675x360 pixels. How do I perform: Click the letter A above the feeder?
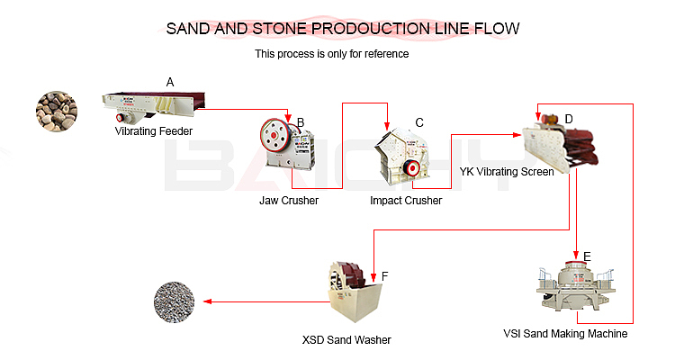tap(169, 82)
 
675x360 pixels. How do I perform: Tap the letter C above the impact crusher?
tap(418, 122)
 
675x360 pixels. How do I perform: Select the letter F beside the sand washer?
tap(384, 275)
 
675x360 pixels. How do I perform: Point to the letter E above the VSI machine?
tap(587, 256)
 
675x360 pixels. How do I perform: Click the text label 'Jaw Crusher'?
tap(289, 201)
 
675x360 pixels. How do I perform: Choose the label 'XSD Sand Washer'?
tap(346, 340)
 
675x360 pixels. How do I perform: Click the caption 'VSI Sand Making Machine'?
tap(565, 334)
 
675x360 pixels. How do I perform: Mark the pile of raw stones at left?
tap(56, 112)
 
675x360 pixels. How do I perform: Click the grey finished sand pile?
tap(174, 301)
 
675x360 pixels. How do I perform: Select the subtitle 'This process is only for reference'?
tap(332, 54)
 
